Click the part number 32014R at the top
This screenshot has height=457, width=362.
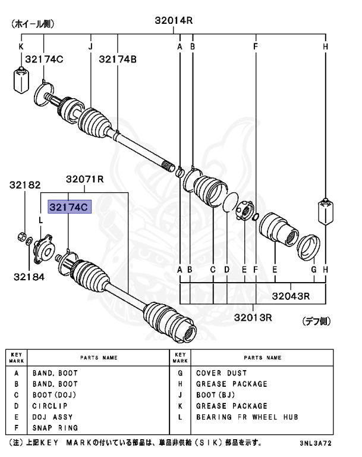174,21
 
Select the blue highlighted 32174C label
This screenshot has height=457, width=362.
68,207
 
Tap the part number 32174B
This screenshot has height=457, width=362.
118,59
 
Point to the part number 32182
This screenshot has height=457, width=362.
24,186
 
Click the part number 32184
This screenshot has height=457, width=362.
24,276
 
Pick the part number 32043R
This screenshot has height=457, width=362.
292,295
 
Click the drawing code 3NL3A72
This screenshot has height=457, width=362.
327,443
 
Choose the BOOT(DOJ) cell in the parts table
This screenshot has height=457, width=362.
54,395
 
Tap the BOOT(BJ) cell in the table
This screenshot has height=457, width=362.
215,395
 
